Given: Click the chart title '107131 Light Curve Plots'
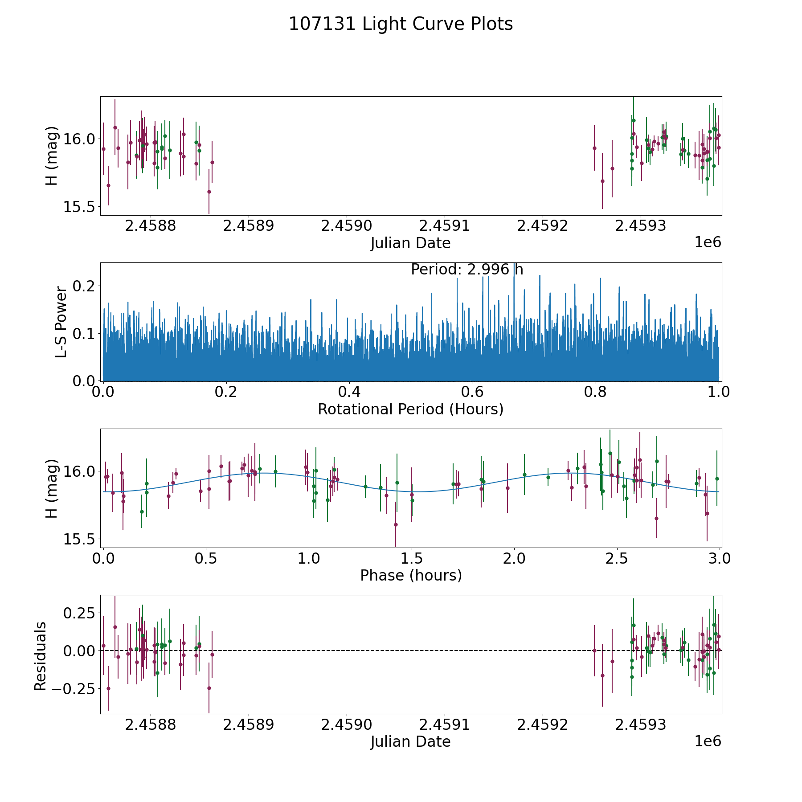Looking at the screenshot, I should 401,24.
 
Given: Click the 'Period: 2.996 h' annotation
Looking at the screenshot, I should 466,270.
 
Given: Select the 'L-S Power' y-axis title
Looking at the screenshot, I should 61,322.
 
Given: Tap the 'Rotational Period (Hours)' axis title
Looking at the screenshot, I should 410,409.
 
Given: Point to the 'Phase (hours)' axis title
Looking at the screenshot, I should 410,575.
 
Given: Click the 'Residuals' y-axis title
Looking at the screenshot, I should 40,656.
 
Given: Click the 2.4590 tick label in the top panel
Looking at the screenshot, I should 346,226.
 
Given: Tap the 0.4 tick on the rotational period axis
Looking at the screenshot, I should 349,392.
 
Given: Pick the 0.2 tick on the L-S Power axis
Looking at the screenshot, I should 85,286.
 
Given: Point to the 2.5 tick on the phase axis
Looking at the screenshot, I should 617,558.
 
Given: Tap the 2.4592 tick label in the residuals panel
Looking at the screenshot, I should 542,725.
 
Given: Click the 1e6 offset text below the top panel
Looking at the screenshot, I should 708,242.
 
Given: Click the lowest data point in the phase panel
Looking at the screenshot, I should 396,524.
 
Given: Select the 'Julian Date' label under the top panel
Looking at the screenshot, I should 410,243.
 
